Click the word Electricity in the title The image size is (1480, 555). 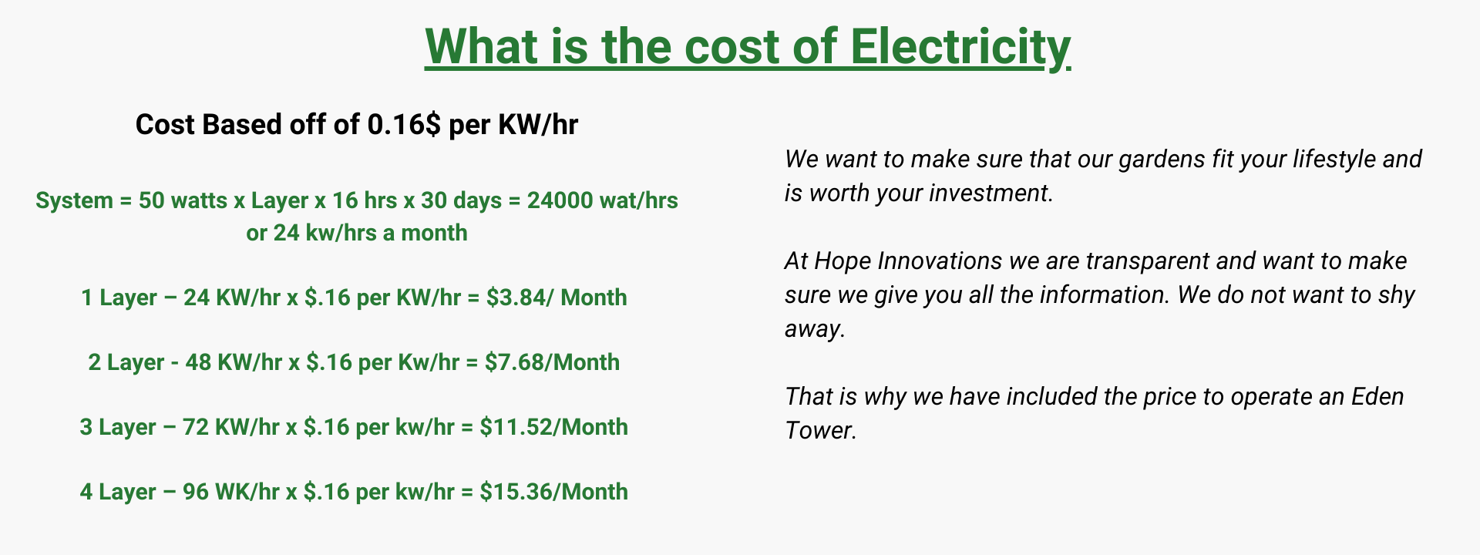pyautogui.click(x=960, y=47)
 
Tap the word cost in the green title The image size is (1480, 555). pyautogui.click(x=731, y=47)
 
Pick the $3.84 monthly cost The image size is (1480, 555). pyautogui.click(x=514, y=298)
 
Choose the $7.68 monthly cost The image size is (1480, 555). pyautogui.click(x=513, y=362)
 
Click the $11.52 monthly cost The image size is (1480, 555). pyautogui.click(x=514, y=427)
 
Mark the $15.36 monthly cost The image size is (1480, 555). pyautogui.click(x=514, y=492)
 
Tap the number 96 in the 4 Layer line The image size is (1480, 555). pyautogui.click(x=196, y=492)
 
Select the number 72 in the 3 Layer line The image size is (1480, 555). pyautogui.click(x=196, y=427)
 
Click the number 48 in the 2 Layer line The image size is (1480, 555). pyautogui.click(x=198, y=362)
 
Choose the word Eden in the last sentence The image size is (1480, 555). pyautogui.click(x=1378, y=396)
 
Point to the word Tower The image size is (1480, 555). pyautogui.click(x=820, y=430)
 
